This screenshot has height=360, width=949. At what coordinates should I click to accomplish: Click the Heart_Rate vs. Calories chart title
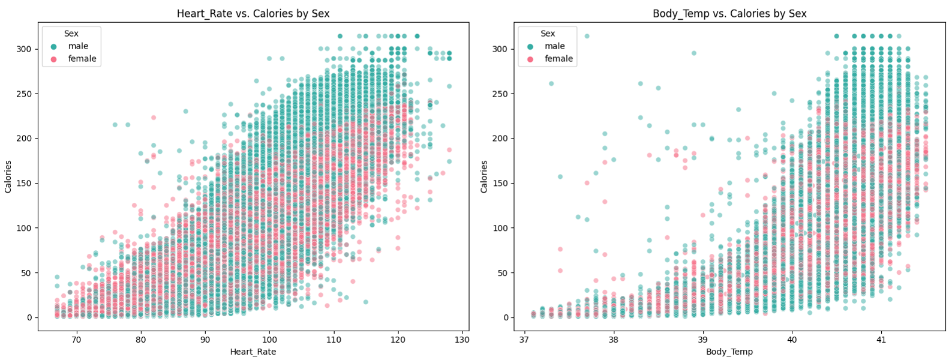[253, 14]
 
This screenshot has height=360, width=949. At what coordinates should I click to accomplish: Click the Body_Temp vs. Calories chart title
[729, 14]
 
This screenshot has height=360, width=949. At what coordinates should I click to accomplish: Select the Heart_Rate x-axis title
[253, 352]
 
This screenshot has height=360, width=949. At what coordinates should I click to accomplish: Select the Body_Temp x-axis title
[729, 352]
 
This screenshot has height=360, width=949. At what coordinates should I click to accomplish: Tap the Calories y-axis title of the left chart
[8, 176]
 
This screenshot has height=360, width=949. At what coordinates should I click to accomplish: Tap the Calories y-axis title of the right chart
[485, 176]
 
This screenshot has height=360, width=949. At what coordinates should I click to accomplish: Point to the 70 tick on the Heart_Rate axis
[76, 340]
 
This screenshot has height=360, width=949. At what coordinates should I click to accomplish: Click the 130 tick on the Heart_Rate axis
[462, 340]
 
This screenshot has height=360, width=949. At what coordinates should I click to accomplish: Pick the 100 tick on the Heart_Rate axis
[269, 340]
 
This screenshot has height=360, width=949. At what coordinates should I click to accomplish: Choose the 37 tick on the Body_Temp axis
[525, 340]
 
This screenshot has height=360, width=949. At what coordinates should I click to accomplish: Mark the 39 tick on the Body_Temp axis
[703, 340]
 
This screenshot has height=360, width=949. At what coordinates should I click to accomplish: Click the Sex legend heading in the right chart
[548, 34]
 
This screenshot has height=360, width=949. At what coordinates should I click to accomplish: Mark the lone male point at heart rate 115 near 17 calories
[366, 302]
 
